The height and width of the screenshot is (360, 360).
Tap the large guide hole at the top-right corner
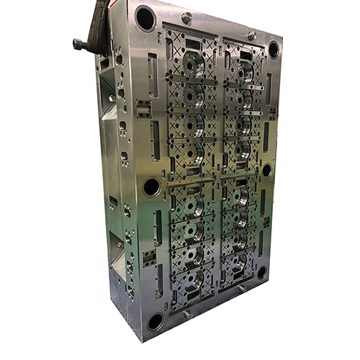click(274, 49)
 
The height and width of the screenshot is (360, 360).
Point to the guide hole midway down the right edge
click(267, 170)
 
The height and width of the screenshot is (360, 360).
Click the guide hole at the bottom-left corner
click(156, 321)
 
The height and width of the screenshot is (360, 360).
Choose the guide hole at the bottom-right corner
click(262, 272)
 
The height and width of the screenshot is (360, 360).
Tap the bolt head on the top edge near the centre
click(187, 18)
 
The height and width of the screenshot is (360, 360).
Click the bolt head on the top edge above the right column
click(251, 35)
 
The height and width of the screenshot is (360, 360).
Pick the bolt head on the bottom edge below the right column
click(242, 288)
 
